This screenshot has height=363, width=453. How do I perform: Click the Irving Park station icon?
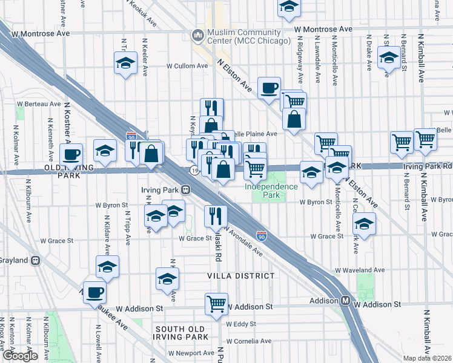(187, 189)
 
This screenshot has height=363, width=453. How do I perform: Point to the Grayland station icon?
(36, 261)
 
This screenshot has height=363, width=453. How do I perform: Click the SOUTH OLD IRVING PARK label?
(184, 334)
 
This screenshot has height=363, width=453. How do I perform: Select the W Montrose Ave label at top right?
(323, 29)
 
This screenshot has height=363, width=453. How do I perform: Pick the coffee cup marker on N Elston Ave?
(269, 88)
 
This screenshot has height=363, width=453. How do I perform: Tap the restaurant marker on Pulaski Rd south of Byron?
(216, 215)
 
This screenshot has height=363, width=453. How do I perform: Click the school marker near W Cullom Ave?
(125, 63)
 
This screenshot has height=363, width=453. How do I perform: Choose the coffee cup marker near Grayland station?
(94, 293)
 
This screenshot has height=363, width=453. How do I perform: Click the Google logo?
(20, 356)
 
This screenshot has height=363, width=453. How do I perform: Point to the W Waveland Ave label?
(360, 270)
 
